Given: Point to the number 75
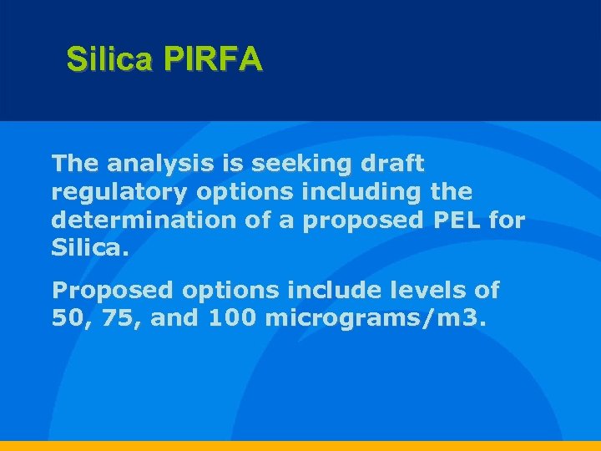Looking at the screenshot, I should coord(119,319).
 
